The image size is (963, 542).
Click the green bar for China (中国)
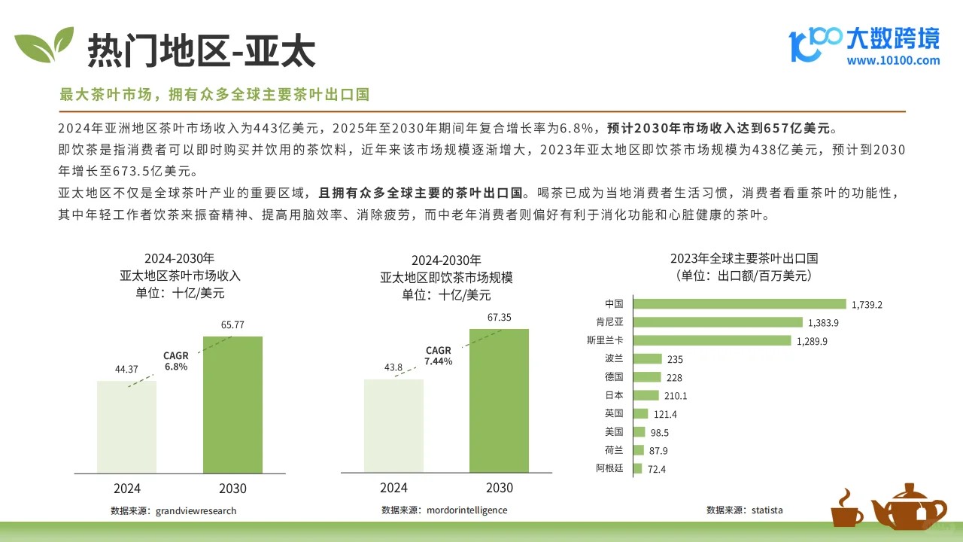740,304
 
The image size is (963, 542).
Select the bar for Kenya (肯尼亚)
718,322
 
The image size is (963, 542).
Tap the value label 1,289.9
813,341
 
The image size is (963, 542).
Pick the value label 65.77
233,325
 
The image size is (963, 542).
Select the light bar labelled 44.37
126,427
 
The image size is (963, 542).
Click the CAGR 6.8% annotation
176,361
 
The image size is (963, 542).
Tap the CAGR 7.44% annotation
439,356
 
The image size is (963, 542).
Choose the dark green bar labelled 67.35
499,400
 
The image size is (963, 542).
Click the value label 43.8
393,367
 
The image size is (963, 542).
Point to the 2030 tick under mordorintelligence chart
500,488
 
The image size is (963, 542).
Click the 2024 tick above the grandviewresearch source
127,489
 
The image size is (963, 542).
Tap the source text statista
767,510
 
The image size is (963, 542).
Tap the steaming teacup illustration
847,510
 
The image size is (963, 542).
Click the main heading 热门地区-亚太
202,51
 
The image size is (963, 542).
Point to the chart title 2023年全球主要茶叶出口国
743,258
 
